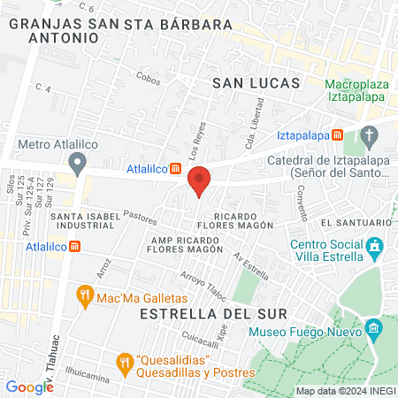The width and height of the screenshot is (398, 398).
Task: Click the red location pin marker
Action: (200, 180)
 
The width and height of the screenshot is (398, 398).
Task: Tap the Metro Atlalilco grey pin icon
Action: (78, 162)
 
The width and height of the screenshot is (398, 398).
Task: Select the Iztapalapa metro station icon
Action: (338, 135)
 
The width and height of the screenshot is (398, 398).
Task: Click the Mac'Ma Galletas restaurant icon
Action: (86, 295)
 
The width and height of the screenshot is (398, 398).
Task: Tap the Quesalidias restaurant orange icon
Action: (125, 362)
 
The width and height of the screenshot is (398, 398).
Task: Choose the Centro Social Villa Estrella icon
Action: (375, 245)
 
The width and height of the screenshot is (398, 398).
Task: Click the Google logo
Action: (29, 387)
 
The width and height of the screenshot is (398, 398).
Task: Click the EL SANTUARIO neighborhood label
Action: (356, 222)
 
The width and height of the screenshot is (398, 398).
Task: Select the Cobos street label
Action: (148, 77)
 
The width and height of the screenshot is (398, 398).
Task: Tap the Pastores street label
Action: (140, 214)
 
